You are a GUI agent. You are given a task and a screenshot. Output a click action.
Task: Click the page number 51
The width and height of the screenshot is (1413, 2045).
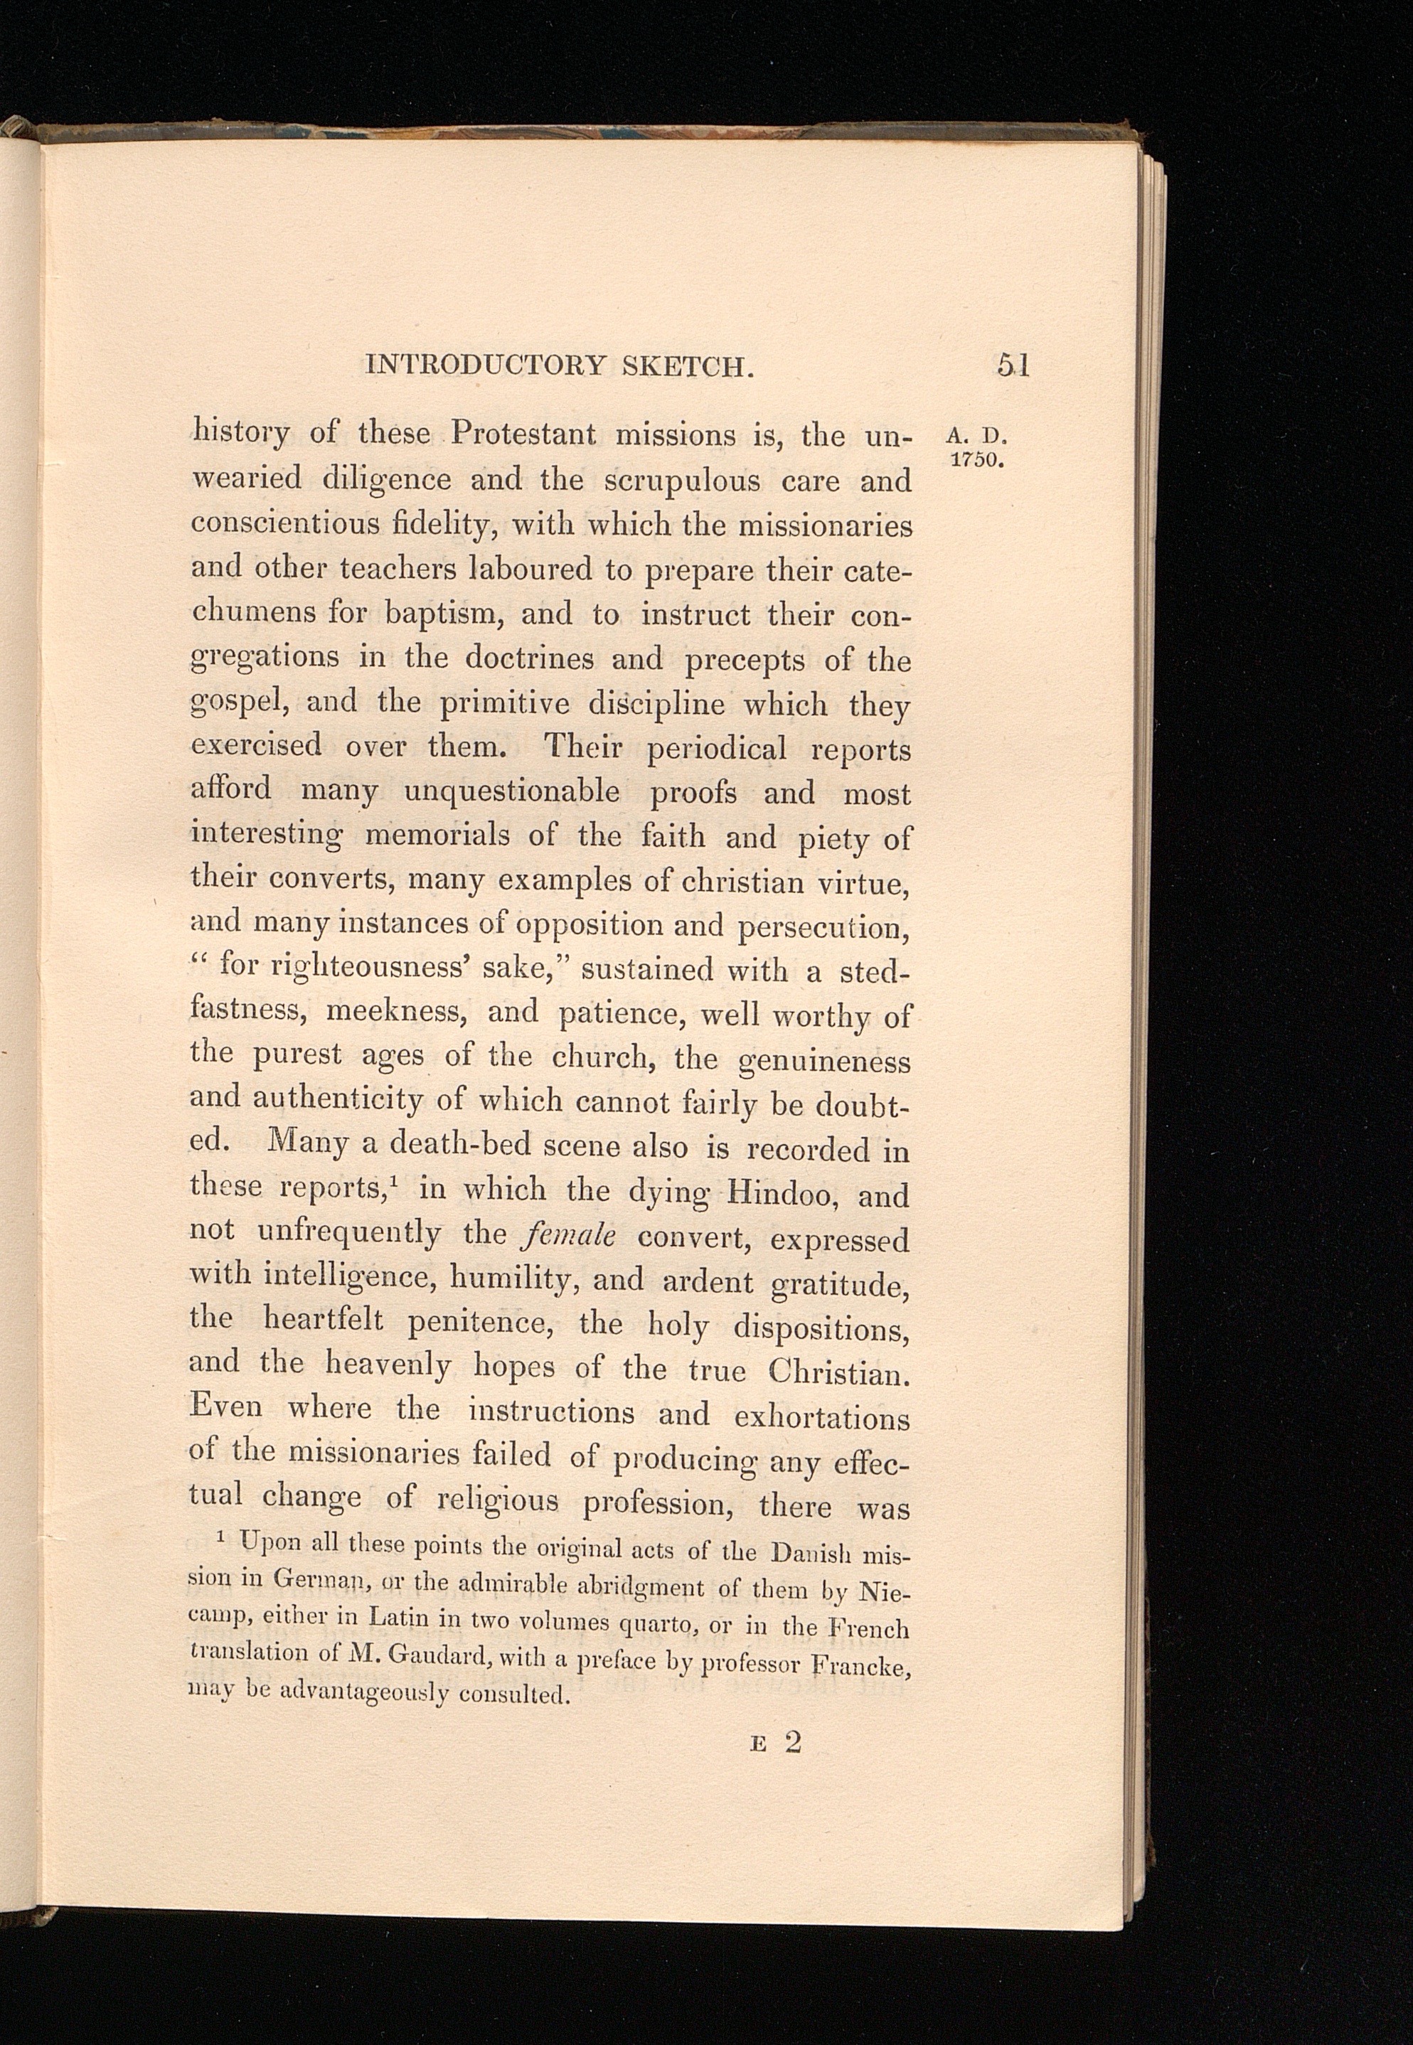click(1013, 365)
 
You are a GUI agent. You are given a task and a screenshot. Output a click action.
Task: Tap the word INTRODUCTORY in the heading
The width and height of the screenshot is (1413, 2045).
click(486, 365)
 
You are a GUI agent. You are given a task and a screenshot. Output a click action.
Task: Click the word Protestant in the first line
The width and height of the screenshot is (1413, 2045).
click(524, 434)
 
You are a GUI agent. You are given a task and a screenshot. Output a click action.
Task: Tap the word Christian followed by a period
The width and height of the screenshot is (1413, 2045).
click(838, 1372)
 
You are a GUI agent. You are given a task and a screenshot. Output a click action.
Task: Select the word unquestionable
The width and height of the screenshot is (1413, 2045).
click(512, 791)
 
